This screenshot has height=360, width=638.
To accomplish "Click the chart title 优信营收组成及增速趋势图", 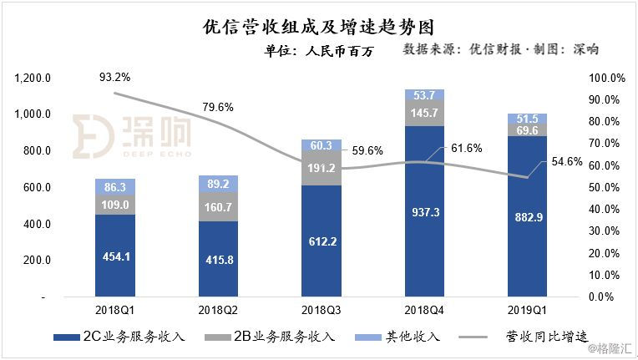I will pyautogui.click(x=319, y=28).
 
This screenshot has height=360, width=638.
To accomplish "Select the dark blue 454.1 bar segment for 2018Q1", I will pyautogui.click(x=115, y=255).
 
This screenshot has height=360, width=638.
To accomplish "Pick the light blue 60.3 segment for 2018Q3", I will pyautogui.click(x=322, y=145).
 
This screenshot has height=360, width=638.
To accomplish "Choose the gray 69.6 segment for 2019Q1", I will pyautogui.click(x=528, y=130).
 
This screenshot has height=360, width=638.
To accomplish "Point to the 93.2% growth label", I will pyautogui.click(x=114, y=78).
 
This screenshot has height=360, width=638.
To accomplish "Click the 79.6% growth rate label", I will pyautogui.click(x=218, y=106).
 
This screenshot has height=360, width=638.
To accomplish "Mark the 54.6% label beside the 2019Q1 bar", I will pyautogui.click(x=567, y=161).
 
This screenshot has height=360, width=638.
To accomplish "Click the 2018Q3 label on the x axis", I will pyautogui.click(x=322, y=309).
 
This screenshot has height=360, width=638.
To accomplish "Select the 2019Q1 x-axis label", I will pyautogui.click(x=529, y=309).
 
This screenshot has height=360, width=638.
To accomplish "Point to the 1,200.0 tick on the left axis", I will pyautogui.click(x=34, y=78).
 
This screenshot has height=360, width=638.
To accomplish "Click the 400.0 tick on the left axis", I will pyautogui.click(x=39, y=224).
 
